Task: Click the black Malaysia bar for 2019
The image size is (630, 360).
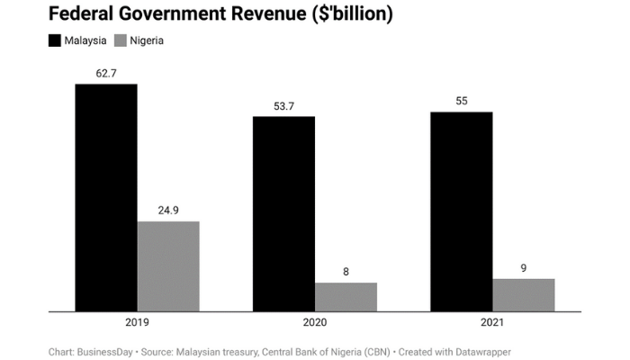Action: click(x=106, y=198)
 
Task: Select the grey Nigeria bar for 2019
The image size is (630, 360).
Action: click(x=168, y=266)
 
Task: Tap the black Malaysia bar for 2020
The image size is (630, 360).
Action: click(x=283, y=214)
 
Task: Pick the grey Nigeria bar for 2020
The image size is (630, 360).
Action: click(x=346, y=297)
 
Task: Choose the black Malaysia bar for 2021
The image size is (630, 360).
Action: click(x=461, y=211)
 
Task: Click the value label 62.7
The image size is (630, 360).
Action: click(x=106, y=73)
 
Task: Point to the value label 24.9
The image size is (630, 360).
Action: click(x=168, y=211)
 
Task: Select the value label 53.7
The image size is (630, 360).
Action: click(x=283, y=106)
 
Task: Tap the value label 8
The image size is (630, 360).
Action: click(x=346, y=272)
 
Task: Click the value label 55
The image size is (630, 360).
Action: click(x=461, y=101)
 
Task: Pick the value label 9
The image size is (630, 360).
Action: click(x=523, y=267)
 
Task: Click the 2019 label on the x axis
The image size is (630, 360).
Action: click(x=137, y=322)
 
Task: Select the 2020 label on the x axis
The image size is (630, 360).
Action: click(x=314, y=322)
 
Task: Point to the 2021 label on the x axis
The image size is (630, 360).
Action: click(x=491, y=322)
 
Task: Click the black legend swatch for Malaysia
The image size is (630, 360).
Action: click(x=54, y=40)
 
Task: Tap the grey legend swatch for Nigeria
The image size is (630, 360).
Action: click(x=122, y=40)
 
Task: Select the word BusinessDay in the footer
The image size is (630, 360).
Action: click(x=104, y=352)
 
